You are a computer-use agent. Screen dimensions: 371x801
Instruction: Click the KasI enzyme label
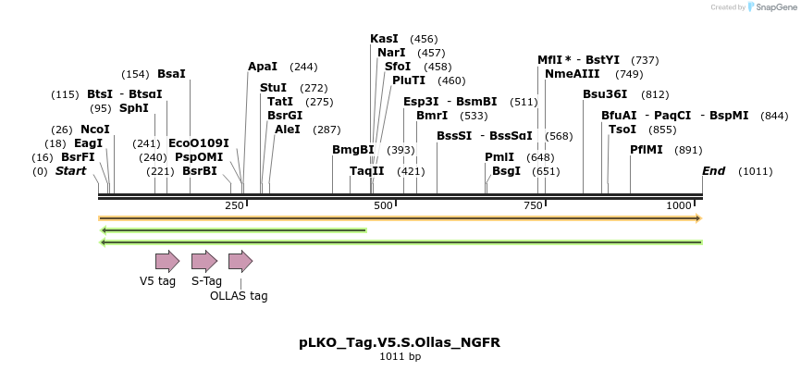tap(384, 39)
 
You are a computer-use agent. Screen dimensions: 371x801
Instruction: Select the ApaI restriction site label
tap(263, 67)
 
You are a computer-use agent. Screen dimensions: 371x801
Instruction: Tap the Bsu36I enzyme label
tap(605, 94)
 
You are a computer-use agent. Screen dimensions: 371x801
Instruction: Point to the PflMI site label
tap(647, 150)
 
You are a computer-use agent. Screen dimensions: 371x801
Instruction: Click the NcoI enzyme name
tap(95, 130)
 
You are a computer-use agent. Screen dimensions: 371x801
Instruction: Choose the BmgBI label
tap(353, 150)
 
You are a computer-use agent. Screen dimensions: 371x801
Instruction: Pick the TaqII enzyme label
tap(367, 171)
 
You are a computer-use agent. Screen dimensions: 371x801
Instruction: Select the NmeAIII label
tap(573, 74)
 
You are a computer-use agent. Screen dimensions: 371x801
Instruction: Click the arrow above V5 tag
tap(167, 261)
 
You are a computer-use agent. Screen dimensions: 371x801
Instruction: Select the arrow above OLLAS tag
tap(240, 261)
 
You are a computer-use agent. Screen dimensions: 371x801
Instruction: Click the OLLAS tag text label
tap(239, 296)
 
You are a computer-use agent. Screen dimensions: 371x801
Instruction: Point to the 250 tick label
tap(233, 205)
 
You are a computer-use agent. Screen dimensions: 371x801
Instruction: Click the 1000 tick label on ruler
tap(679, 205)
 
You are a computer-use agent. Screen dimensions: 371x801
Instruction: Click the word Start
tap(70, 171)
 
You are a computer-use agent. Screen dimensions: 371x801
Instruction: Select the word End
tap(713, 171)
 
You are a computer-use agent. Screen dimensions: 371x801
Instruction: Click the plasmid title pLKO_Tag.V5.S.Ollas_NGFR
tap(400, 342)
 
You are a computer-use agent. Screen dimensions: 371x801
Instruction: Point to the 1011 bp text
tap(400, 356)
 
